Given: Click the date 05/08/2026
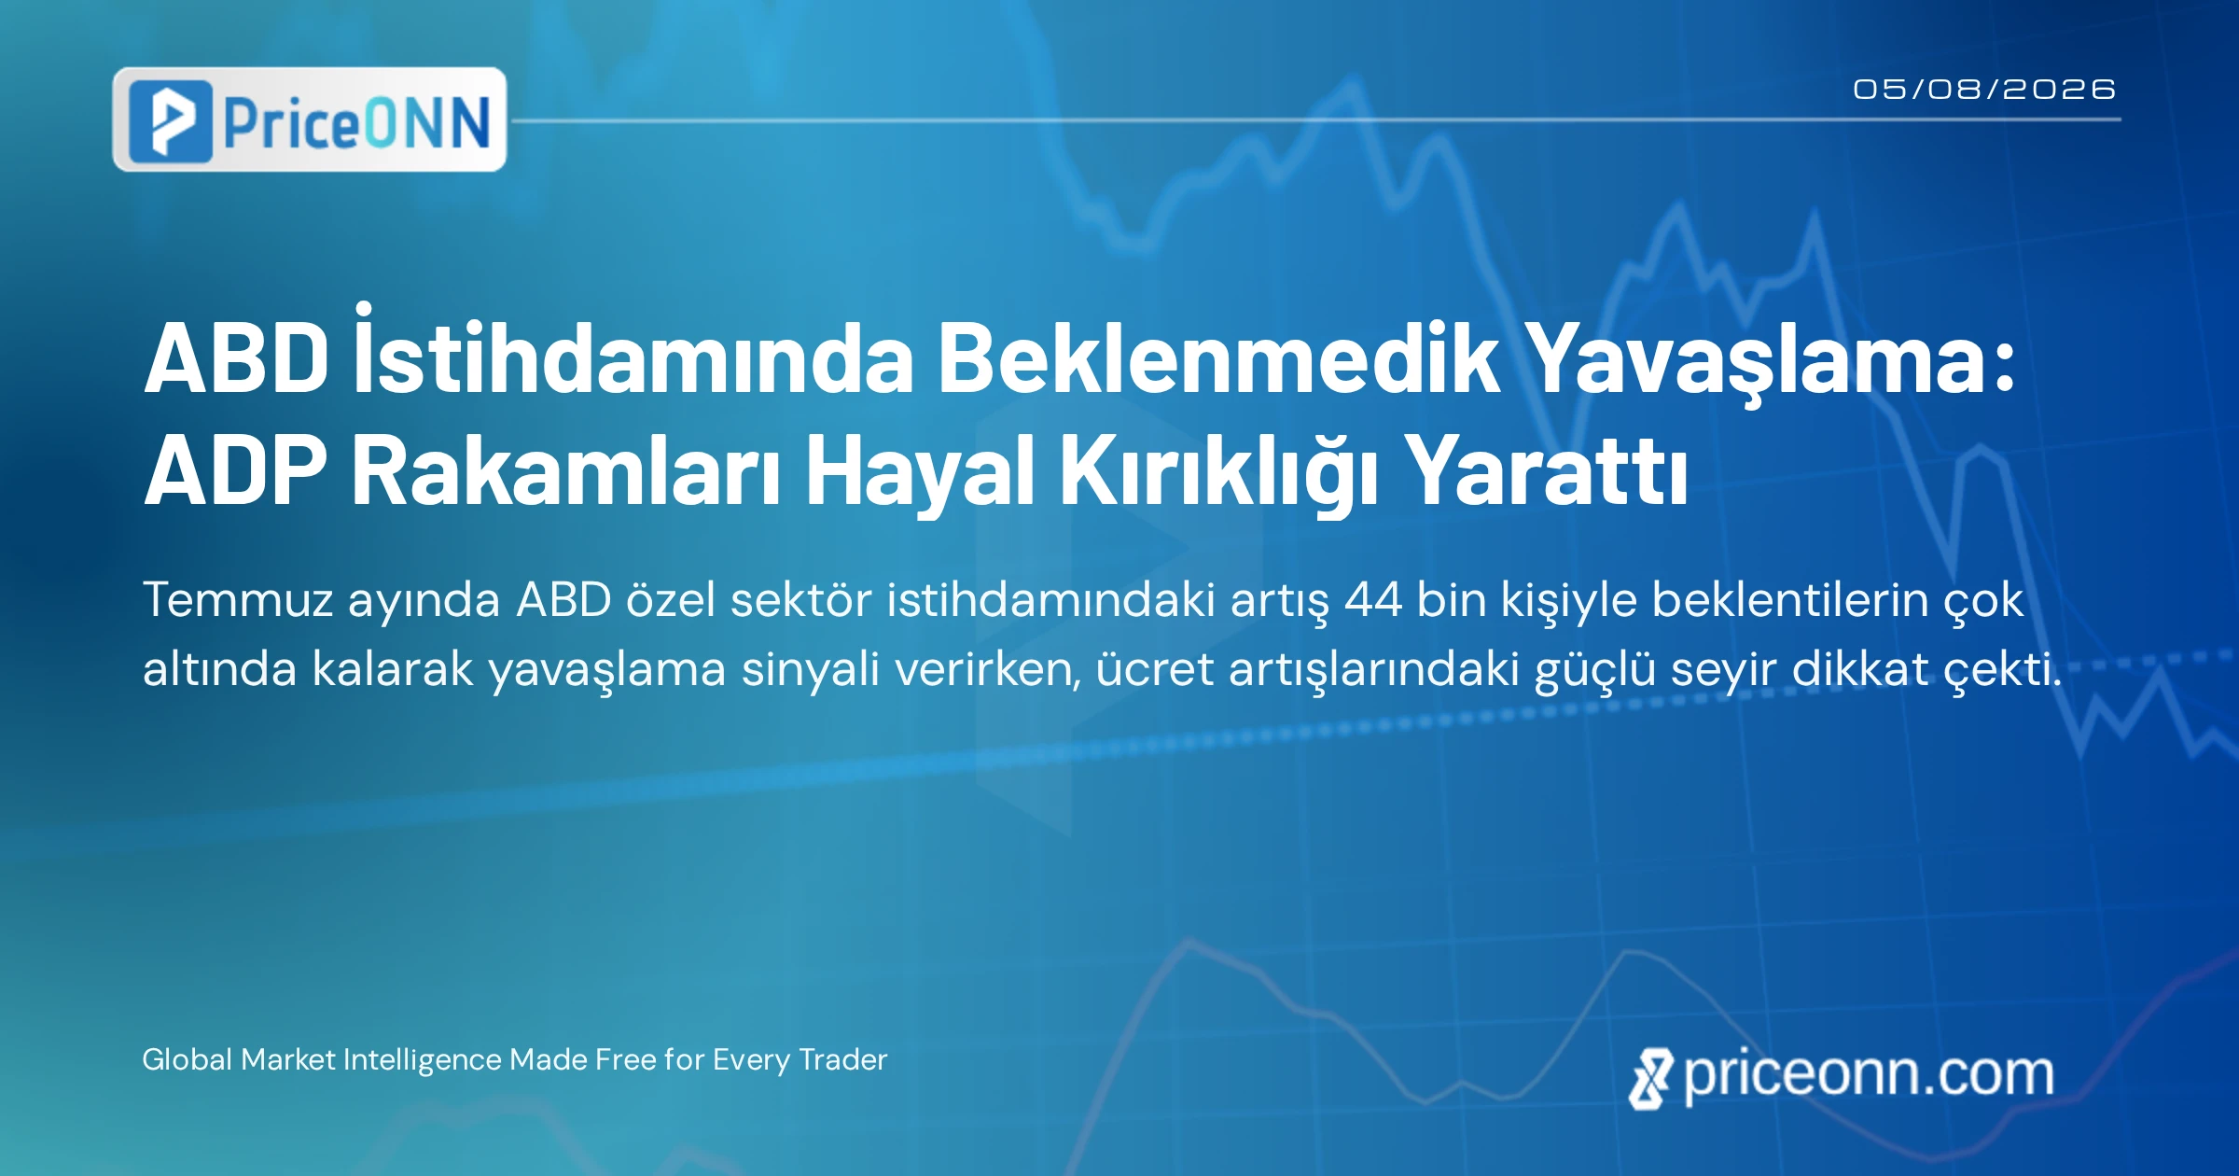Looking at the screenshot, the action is [x=1984, y=90].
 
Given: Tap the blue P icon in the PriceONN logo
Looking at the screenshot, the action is [x=170, y=121].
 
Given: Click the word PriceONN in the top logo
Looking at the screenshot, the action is [x=357, y=122].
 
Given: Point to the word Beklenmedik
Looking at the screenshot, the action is [x=1218, y=358].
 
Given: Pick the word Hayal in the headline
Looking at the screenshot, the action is [x=919, y=476].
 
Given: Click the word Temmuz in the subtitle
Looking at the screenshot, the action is [x=238, y=599].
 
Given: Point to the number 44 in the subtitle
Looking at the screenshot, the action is [x=1372, y=600].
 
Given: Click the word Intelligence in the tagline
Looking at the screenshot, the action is [x=424, y=1061].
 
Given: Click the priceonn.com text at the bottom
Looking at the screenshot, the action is [x=1842, y=1076].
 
